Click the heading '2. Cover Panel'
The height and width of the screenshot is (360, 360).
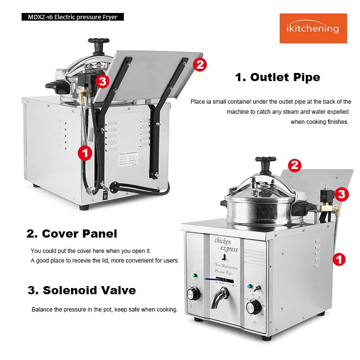[x=72, y=234]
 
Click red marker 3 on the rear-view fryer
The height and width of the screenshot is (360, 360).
[x=101, y=81]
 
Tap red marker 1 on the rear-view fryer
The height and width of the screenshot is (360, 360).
[x=84, y=153]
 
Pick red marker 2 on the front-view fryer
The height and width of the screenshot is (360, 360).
[x=295, y=166]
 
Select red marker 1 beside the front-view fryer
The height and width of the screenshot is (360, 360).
[x=339, y=260]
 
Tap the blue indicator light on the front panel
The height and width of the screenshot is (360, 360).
[x=250, y=287]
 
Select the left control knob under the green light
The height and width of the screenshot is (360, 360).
[x=194, y=293]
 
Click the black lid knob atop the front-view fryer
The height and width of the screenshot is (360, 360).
[x=265, y=164]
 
